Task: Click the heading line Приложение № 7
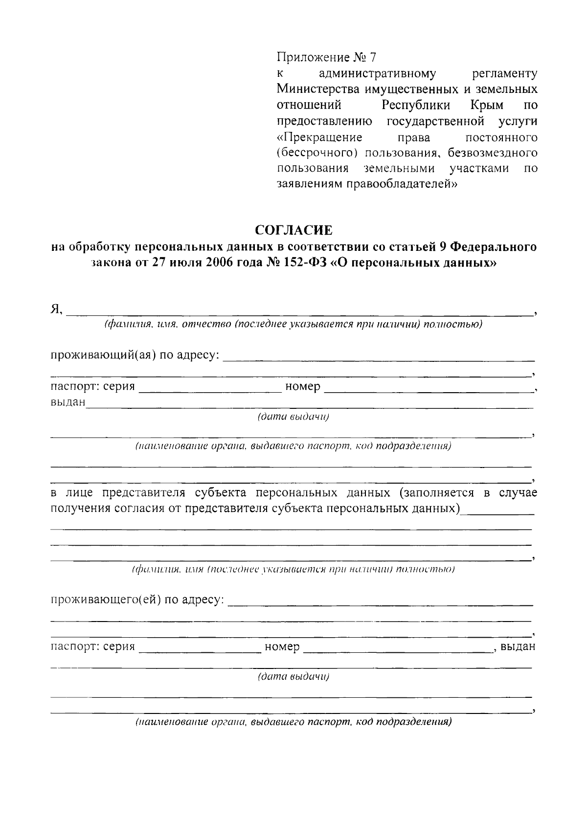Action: pyautogui.click(x=327, y=58)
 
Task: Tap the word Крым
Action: pyautogui.click(x=486, y=105)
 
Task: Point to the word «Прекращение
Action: pyautogui.click(x=319, y=136)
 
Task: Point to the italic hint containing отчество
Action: pyautogui.click(x=205, y=325)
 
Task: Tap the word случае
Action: pyautogui.click(x=518, y=492)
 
